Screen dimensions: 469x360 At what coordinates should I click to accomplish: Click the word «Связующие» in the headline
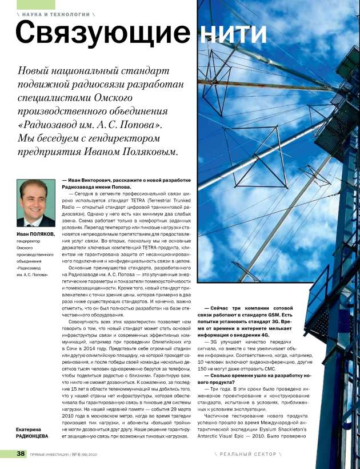[x=106, y=32]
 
